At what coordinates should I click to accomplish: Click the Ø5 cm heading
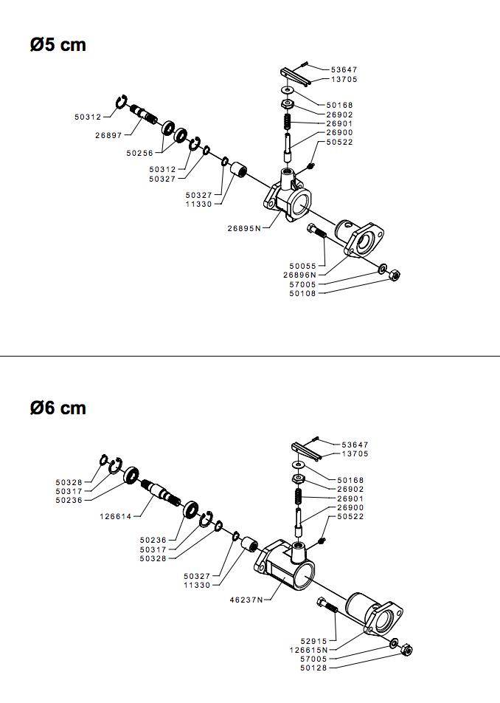pyautogui.click(x=58, y=45)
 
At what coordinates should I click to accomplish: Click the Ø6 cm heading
pyautogui.click(x=58, y=408)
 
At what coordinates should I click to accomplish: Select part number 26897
pyautogui.click(x=108, y=135)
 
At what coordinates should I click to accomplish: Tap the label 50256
pyautogui.click(x=139, y=153)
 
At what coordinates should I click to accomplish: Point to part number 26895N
pyautogui.click(x=244, y=228)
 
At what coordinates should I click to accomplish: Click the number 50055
pyautogui.click(x=302, y=266)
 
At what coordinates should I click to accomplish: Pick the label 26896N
pyautogui.click(x=299, y=275)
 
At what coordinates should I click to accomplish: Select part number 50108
pyautogui.click(x=302, y=293)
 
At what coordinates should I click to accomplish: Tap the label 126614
pyautogui.click(x=116, y=516)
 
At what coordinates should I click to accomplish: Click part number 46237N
pyautogui.click(x=246, y=600)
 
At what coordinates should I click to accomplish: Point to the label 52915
pyautogui.click(x=313, y=641)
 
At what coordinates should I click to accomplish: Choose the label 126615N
pyautogui.click(x=308, y=650)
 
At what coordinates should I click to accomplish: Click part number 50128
pyautogui.click(x=313, y=668)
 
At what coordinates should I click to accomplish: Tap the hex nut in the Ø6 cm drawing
pyautogui.click(x=406, y=650)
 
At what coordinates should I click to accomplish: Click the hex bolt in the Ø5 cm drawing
pyautogui.click(x=317, y=233)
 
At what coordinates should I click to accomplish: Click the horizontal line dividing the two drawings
pyautogui.click(x=250, y=356)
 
